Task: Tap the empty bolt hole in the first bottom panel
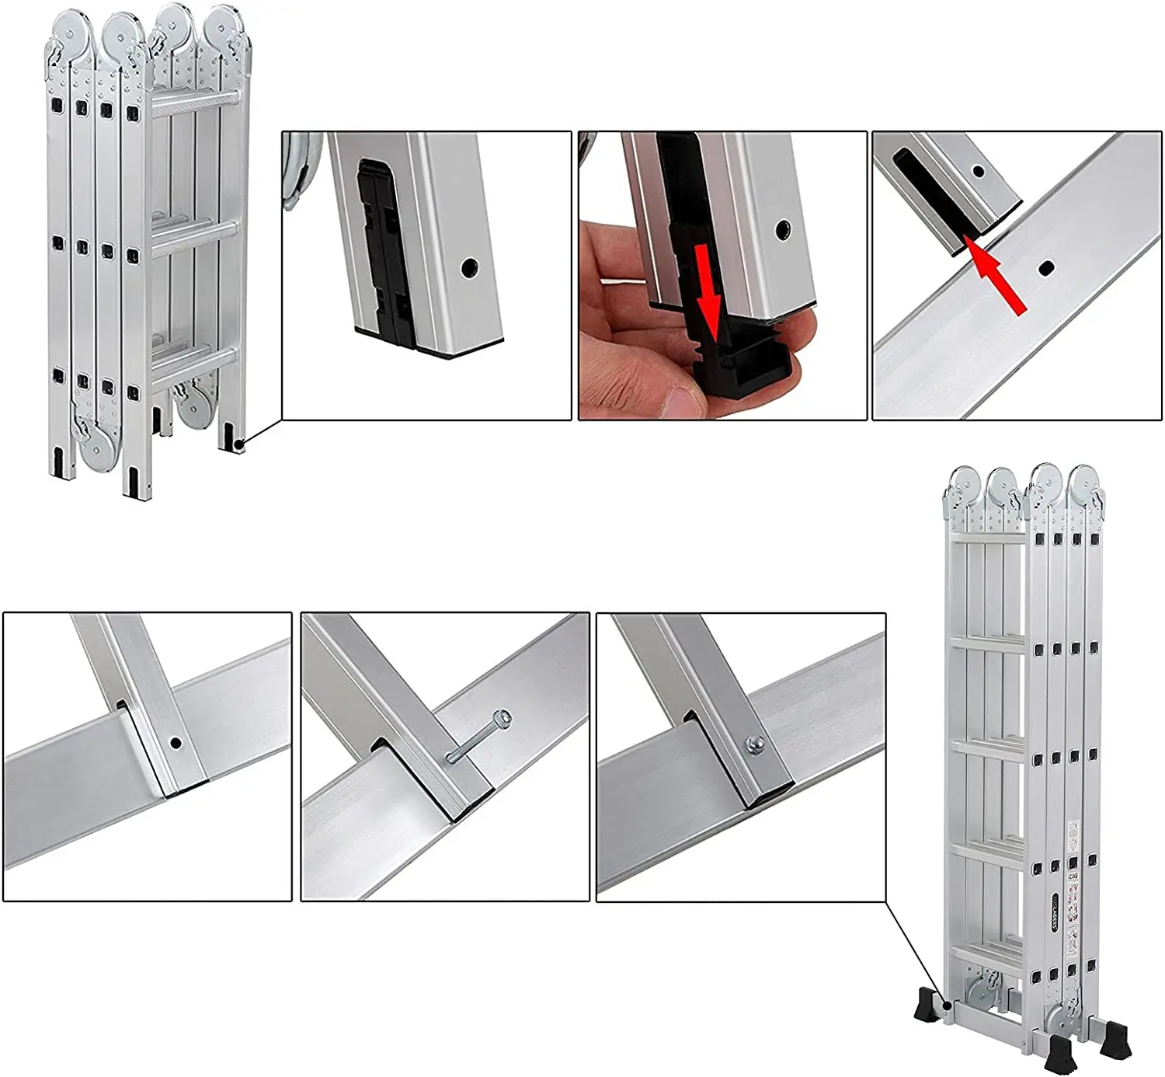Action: [176, 743]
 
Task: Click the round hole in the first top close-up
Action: [469, 268]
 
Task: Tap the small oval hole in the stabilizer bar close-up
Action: [1046, 267]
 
